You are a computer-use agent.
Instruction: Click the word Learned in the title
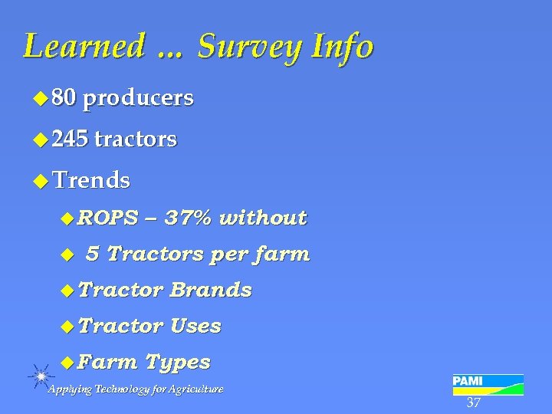(x=84, y=47)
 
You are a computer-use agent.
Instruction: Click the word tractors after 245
(x=136, y=140)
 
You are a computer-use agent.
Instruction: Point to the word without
(x=263, y=218)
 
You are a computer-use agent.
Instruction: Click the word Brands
(x=211, y=290)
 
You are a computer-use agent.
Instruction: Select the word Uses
(x=195, y=326)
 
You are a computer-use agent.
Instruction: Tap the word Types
(x=177, y=361)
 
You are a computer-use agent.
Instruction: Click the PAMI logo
(x=488, y=384)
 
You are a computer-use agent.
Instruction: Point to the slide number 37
(x=473, y=403)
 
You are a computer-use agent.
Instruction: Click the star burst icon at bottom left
(x=41, y=376)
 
